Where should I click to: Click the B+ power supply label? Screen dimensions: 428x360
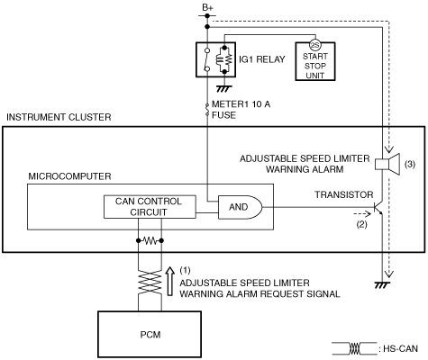pos(207,8)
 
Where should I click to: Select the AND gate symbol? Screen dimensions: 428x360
pos(240,207)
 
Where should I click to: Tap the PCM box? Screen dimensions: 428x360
pos(150,334)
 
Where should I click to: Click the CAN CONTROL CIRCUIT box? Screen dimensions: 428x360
pos(150,207)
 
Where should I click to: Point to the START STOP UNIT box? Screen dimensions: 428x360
pos(315,61)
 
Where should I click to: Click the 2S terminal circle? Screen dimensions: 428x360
pos(315,46)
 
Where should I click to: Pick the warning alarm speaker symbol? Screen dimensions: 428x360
pos(387,164)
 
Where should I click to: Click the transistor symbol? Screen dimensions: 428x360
pos(378,207)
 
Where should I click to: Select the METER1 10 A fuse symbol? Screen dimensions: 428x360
pos(207,110)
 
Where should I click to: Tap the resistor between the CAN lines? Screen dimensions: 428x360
pos(150,240)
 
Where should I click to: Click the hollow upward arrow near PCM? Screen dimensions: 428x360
pos(170,282)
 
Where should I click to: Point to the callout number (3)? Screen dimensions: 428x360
pos(410,164)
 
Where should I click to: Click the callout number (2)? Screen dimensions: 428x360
pos(361,224)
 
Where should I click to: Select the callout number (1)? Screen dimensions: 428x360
pos(185,270)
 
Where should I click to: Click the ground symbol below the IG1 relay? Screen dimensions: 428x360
pos(223,88)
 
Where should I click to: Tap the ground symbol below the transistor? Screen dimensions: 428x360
pos(382,284)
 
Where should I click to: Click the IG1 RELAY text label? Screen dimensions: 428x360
pos(262,59)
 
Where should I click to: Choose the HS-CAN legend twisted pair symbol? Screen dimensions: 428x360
pos(354,348)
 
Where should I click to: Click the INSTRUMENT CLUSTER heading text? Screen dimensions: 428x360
pos(59,117)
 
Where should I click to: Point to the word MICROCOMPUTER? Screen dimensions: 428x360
pos(69,176)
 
